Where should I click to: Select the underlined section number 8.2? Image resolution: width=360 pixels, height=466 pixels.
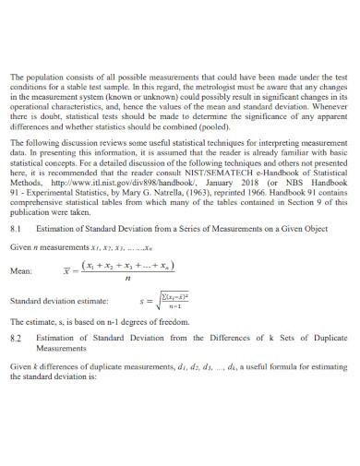pyautogui.click(x=15, y=339)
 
